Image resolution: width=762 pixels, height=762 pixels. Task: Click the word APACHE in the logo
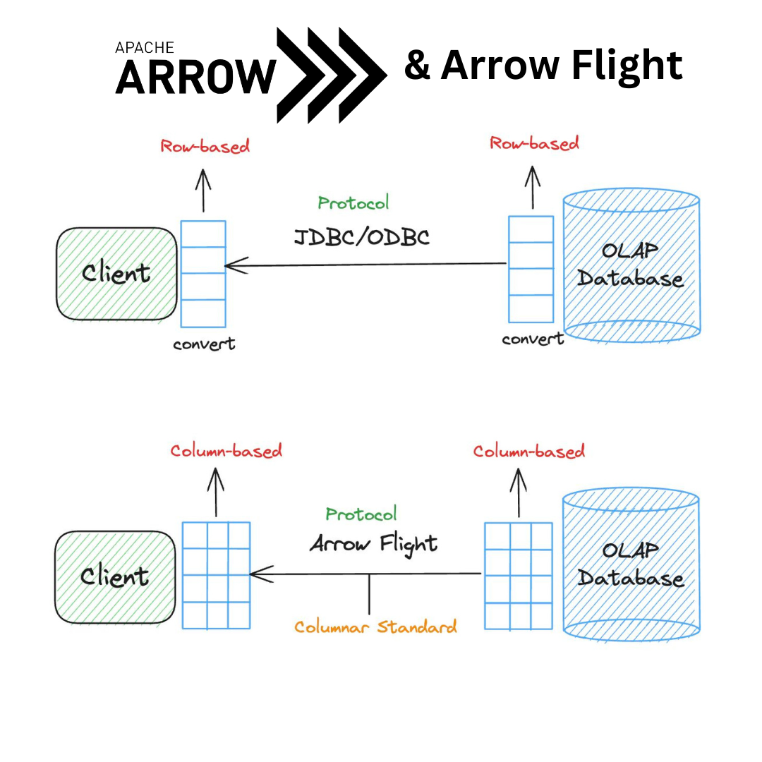tap(145, 48)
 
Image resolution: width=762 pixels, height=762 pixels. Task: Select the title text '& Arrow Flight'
tap(543, 66)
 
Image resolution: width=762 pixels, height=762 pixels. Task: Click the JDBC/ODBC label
tap(361, 237)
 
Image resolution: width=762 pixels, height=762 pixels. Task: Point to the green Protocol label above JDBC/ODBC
tap(353, 203)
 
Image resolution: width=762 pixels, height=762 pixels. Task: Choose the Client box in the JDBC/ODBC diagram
tap(116, 274)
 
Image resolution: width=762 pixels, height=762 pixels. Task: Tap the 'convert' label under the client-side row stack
tap(204, 344)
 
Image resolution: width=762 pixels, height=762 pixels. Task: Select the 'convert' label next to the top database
tap(533, 339)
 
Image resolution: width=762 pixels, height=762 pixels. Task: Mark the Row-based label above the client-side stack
tap(205, 146)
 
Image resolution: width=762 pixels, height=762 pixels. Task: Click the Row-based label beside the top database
tap(534, 143)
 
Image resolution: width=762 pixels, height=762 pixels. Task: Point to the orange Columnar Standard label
tap(375, 627)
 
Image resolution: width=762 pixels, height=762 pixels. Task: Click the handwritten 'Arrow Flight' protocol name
tap(373, 544)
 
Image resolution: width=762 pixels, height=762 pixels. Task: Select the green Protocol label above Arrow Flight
tap(361, 514)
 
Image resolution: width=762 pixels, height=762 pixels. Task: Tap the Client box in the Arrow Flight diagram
tap(115, 577)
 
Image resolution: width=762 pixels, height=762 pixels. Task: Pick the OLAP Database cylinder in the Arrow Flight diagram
tap(631, 564)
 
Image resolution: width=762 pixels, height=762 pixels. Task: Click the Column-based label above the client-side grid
tap(226, 451)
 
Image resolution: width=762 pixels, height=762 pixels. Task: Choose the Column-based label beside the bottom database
tap(528, 451)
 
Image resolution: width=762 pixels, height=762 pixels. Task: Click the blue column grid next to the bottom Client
tap(216, 575)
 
